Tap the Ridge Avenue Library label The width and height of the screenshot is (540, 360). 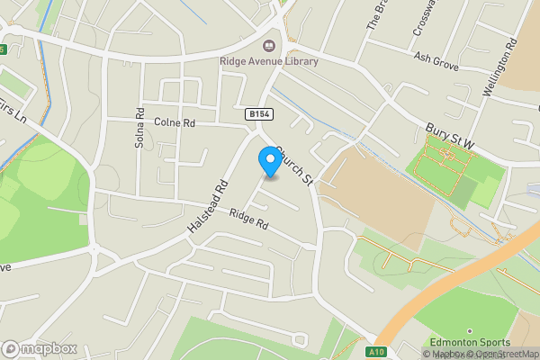pyautogui.click(x=269, y=61)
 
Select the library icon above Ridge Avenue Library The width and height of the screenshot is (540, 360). pyautogui.click(x=269, y=45)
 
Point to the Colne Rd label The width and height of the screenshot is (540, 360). pyautogui.click(x=175, y=121)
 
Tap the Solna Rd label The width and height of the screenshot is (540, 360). pyautogui.click(x=140, y=128)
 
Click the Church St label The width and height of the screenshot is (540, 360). pyautogui.click(x=293, y=166)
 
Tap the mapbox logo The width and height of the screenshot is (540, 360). pyautogui.click(x=40, y=348)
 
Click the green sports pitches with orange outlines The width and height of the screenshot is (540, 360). pyautogui.click(x=444, y=163)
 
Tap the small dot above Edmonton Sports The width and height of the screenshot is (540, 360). pyautogui.click(x=469, y=331)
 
